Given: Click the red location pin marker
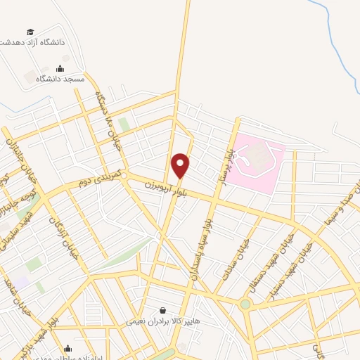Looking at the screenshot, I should click(181, 166).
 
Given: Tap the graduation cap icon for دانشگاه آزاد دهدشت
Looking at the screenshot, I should click(30, 32).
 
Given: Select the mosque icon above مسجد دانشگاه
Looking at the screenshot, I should click(60, 69).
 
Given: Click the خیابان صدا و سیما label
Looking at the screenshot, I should click(330, 211).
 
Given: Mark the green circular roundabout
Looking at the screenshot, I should click(245, 304).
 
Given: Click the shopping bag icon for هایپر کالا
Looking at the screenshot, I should click(163, 310).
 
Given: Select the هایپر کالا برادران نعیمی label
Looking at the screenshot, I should click(156, 321).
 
